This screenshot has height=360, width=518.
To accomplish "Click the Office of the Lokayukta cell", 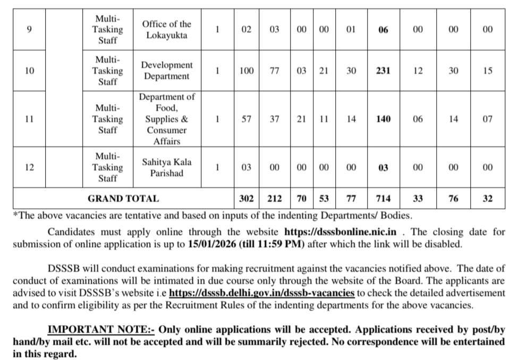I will point(166,30).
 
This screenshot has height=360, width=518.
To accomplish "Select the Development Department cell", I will point(166,71).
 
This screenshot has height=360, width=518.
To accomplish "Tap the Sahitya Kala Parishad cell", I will point(166,167).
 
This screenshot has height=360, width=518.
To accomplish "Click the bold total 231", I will point(383,71).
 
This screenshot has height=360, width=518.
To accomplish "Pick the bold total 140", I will point(383,119).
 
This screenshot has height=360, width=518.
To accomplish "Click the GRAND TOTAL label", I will point(123,199).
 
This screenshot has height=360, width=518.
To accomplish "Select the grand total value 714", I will point(383,199).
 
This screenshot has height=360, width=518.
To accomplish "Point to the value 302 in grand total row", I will point(247,199).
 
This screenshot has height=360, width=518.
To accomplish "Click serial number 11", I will point(29,119).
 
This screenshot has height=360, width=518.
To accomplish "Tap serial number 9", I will point(29,30).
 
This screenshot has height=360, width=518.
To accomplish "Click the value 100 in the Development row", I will point(247,71).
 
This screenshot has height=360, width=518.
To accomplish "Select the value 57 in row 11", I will point(247,119).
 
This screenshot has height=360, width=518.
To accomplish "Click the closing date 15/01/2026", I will point(211,244).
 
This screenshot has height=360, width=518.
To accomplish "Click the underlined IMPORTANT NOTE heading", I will point(101,329).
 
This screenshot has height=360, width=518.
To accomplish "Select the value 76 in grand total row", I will point(453,199).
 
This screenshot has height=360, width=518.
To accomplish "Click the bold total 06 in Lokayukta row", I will point(383,30).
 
